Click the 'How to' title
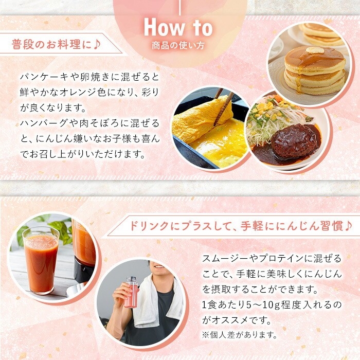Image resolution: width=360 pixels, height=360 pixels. tap(178, 28)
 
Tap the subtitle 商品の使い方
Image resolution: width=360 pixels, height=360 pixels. tap(178, 45)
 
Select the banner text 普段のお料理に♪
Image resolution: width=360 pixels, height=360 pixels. tap(56, 44)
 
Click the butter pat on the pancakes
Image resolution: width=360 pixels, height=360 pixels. tap(315, 50)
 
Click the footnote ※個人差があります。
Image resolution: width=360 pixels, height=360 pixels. tap(240, 335)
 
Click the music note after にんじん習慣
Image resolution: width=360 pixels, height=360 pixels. tap(348, 226)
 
